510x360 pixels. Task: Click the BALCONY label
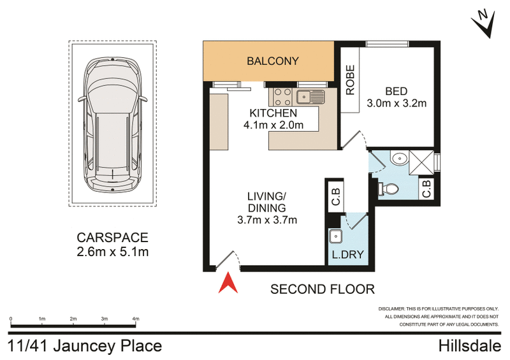tap(273, 61)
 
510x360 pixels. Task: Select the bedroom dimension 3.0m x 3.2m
tap(396, 103)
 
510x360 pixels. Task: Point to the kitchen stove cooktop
tap(282, 97)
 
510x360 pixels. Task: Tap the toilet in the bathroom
tap(390, 187)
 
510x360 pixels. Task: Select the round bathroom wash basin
tap(400, 159)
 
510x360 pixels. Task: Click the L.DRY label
tap(346, 257)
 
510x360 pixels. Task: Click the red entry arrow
tap(228, 282)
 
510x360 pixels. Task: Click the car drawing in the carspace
tap(112, 125)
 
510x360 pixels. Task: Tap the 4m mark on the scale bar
tap(135, 319)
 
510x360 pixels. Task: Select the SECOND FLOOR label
tap(322, 289)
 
